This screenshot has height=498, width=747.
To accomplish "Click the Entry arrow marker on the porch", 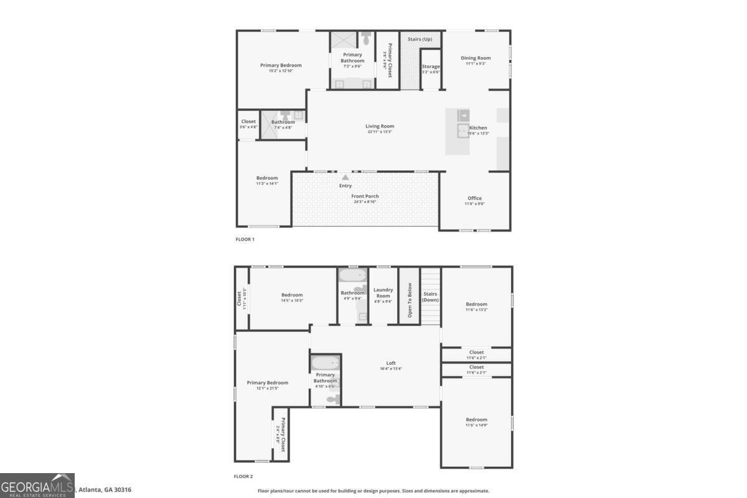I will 345,177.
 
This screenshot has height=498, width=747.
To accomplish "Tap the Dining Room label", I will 476,58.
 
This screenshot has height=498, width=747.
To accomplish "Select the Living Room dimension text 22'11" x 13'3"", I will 380,132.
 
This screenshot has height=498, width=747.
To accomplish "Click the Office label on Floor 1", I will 474,198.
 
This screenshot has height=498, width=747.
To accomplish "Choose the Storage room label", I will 431,67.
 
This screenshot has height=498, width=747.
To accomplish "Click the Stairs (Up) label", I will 420,39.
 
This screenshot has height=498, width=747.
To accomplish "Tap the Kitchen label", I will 478,128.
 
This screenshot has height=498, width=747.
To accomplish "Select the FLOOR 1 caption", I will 245,239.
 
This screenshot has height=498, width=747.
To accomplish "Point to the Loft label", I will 391,363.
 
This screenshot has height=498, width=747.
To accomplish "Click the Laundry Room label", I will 383,293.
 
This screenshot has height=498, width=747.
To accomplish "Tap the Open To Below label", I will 410,301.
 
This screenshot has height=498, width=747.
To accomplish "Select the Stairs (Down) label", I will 430,296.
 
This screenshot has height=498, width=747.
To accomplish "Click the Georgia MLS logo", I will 37,486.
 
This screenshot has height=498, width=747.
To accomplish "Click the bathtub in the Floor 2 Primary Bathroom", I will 326,363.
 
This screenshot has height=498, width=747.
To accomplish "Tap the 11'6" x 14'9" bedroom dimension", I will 476,425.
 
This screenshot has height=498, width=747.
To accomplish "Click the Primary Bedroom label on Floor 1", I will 281,65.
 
